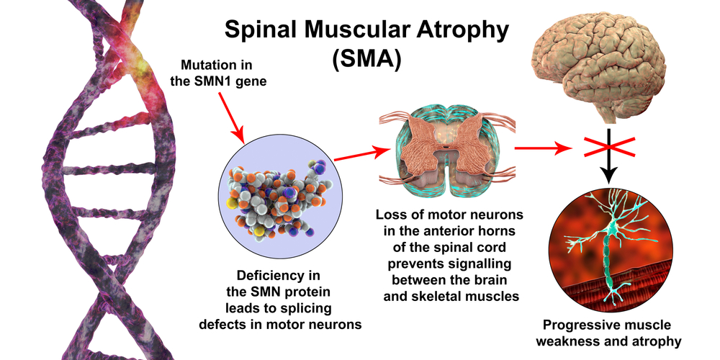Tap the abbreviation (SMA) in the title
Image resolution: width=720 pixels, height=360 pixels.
click(x=366, y=58)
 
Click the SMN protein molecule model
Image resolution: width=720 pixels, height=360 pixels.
click(x=277, y=197)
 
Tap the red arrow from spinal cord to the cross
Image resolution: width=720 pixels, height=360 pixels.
click(x=541, y=149)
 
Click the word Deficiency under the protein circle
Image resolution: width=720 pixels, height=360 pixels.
click(x=262, y=276)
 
